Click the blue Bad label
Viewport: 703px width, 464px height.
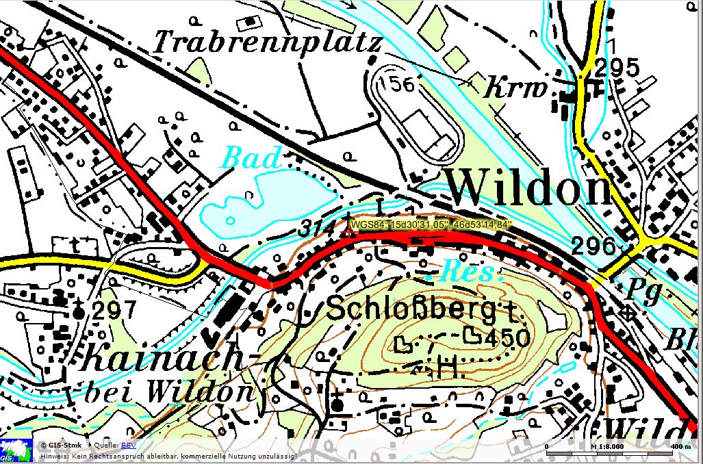click(x=253, y=158)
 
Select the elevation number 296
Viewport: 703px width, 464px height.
click(x=593, y=246)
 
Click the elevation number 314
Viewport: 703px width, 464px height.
click(x=316, y=230)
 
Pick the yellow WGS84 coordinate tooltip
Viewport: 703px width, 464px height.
click(x=431, y=224)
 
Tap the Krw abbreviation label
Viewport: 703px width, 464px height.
click(x=517, y=89)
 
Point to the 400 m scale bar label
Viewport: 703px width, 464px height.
click(x=681, y=446)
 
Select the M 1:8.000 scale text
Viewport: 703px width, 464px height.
click(x=606, y=446)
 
